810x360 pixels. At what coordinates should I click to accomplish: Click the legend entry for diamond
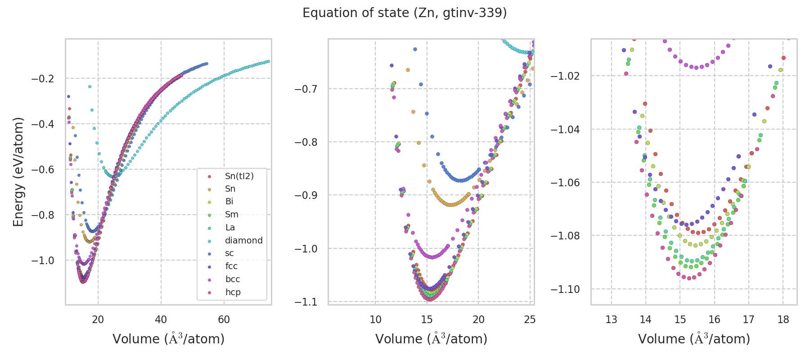pos(243,240)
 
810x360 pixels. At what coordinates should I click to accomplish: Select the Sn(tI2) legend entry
pos(239,176)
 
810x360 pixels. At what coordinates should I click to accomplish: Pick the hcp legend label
pos(233,292)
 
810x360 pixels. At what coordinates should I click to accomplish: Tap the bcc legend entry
pos(233,279)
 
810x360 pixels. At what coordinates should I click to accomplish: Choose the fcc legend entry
pos(231,266)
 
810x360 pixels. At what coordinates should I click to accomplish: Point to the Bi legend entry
pos(229,202)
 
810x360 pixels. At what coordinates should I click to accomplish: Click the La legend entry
pos(230,227)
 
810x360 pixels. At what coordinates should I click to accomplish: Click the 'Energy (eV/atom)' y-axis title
pos(18,172)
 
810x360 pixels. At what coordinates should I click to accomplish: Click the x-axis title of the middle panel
pos(431,339)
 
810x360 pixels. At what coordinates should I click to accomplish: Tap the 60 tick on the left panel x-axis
pos(224,320)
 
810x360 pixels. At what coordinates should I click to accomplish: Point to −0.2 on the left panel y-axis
pos(42,79)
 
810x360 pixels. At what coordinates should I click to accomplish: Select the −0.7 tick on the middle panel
pos(306,89)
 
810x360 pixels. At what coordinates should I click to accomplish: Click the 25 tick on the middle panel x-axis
pos(530,320)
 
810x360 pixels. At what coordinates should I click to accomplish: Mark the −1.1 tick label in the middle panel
pos(306,301)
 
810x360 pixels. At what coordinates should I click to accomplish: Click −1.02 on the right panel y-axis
pos(565,76)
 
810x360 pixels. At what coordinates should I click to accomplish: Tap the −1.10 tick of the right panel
pos(565,289)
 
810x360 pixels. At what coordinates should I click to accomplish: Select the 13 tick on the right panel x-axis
pos(611,320)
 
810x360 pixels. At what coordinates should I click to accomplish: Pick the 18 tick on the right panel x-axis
pos(783,320)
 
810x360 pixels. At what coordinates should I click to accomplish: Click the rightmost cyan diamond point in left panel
pos(268,61)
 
